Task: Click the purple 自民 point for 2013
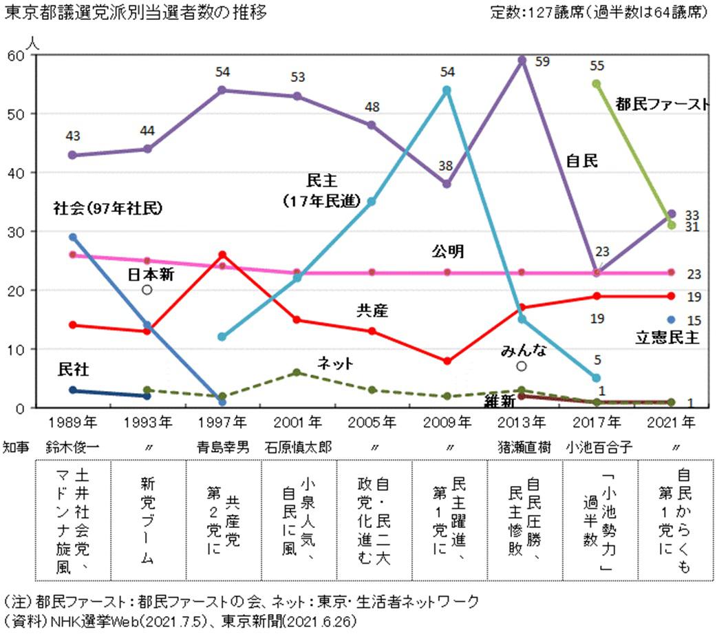(522, 61)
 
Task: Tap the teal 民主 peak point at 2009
(447, 90)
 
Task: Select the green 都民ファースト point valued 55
(597, 84)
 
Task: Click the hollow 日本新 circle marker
(147, 290)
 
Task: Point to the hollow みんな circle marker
(522, 366)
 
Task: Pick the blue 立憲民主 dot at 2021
(672, 319)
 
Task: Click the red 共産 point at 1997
(222, 255)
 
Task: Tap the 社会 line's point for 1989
(72, 237)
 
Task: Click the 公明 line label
(448, 252)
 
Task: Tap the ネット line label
(335, 362)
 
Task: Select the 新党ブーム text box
(147, 520)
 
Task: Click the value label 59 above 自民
(542, 62)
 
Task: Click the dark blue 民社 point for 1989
(72, 390)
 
